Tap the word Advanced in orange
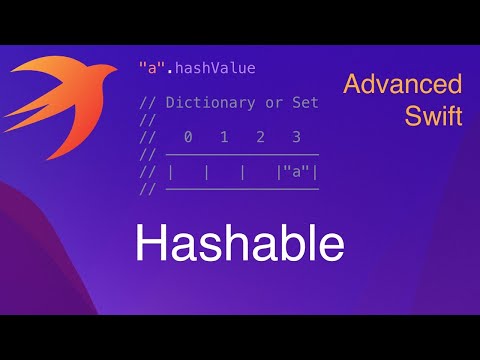pos(402,83)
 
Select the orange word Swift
pos(433,115)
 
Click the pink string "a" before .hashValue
pos(150,68)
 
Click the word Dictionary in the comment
pos(207,102)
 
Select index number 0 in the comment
pos(188,137)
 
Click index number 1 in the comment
pos(224,137)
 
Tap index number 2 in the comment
pos(259,137)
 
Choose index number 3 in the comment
pos(295,137)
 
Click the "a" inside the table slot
pos(295,172)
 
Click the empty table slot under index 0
pos(188,172)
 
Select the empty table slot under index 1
pos(224,172)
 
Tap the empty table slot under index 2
pos(259,172)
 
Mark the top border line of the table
pos(241,155)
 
